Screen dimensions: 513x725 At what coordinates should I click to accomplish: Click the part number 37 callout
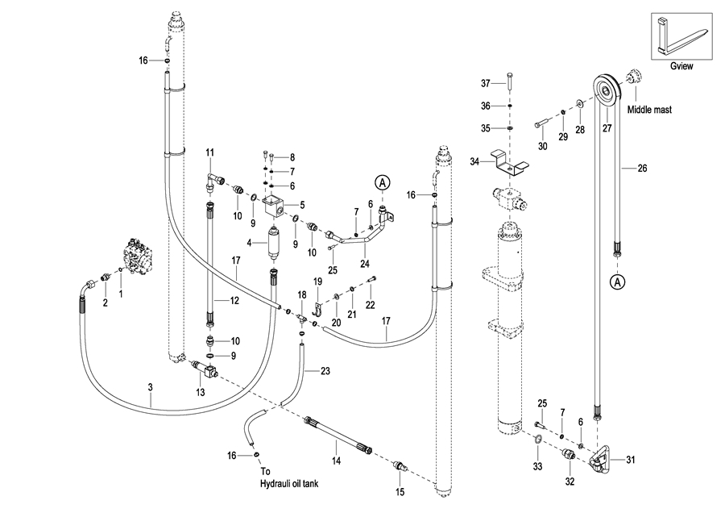[x=485, y=83]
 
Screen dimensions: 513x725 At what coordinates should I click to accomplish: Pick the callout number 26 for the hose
[x=642, y=169]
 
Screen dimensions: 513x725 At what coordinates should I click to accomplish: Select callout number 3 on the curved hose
[x=151, y=387]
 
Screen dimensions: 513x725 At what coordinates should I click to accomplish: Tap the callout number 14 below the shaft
[x=337, y=460]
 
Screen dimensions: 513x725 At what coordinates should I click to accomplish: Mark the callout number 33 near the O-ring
[x=537, y=466]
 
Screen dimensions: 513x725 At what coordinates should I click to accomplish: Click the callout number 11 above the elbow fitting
[x=209, y=152]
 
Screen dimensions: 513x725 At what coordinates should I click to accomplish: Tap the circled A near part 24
[x=383, y=182]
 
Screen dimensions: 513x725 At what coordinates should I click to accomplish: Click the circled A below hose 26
[x=617, y=282]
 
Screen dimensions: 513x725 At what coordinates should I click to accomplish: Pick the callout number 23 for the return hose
[x=325, y=372]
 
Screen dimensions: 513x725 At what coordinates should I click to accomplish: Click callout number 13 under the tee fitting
[x=201, y=391]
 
